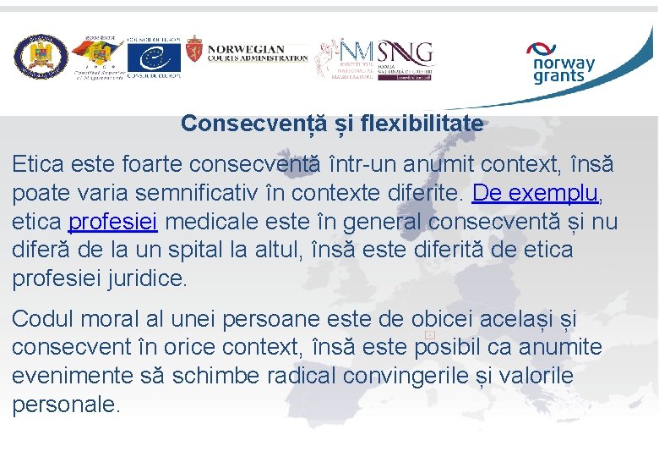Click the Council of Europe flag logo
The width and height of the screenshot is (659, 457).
coord(154,58)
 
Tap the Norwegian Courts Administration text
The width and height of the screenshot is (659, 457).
coord(258,53)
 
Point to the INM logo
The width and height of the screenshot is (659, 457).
coord(346,58)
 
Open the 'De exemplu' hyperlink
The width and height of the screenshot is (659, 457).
coord(535,192)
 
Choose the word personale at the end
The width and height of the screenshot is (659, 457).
coord(65,404)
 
